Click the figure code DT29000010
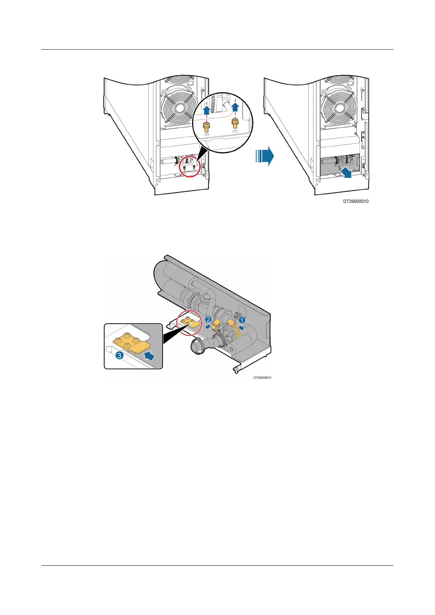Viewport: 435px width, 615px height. (355, 201)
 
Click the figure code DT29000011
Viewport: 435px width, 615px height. (262, 378)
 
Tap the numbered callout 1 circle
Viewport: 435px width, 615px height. (241, 320)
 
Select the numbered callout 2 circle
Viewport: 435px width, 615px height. (208, 319)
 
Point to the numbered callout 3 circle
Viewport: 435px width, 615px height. (119, 355)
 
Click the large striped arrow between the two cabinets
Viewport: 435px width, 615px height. (264, 156)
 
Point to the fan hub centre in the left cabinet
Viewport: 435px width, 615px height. (180, 109)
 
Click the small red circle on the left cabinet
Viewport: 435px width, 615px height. (191, 167)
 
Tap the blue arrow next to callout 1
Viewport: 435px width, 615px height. (241, 328)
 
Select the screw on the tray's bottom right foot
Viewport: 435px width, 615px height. (236, 371)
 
